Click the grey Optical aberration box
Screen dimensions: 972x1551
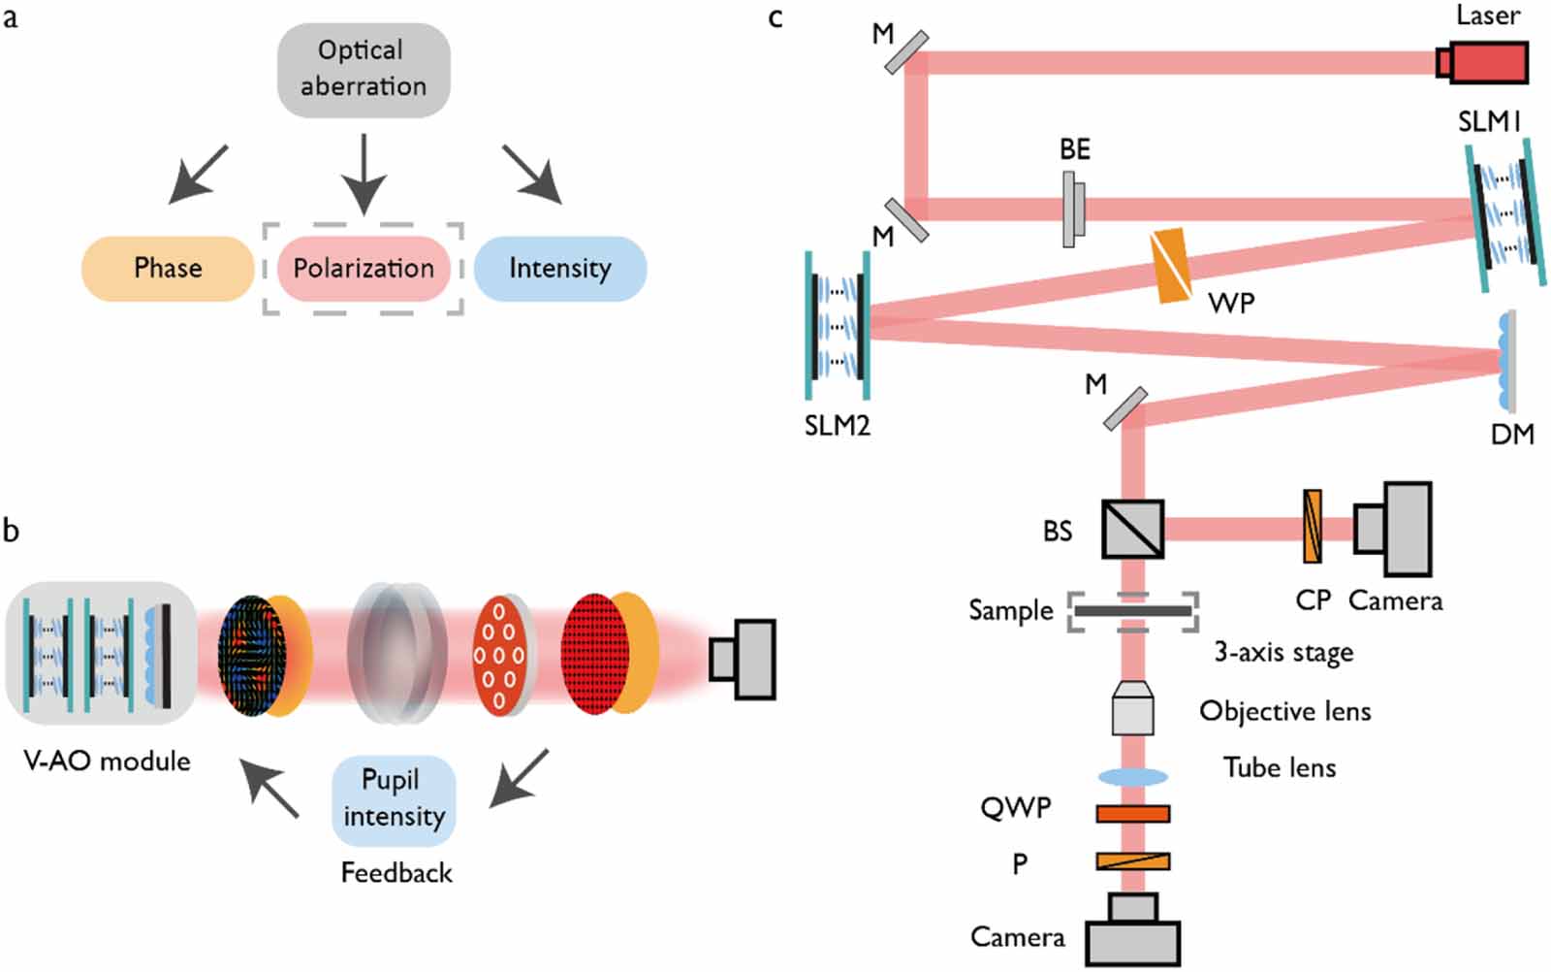pos(364,70)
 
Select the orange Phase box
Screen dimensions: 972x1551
pos(168,268)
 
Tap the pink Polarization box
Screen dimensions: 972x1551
pos(364,268)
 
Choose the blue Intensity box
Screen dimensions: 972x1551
pos(560,268)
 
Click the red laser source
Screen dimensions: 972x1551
pos(1482,63)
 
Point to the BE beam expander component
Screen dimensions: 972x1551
pos(1072,209)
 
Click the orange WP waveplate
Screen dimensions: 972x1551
pos(1171,265)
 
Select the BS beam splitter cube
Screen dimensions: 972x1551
pos(1132,529)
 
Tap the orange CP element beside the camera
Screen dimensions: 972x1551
pos(1312,527)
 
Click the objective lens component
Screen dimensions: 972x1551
pos(1132,708)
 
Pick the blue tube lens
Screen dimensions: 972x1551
pos(1132,777)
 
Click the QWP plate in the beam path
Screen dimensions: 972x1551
pos(1132,813)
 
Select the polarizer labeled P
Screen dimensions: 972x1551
pos(1132,860)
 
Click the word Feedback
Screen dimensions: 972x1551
pos(396,873)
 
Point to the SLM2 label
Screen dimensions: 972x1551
pos(838,426)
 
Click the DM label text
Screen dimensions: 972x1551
pos(1512,434)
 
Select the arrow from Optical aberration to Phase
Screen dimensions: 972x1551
pos(199,175)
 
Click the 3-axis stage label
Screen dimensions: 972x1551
pos(1283,653)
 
